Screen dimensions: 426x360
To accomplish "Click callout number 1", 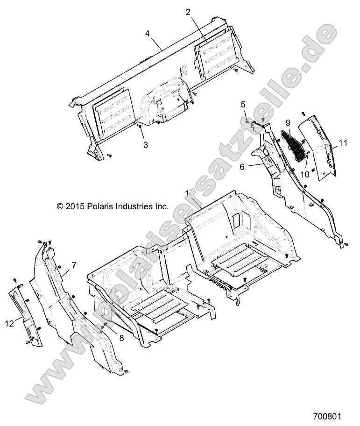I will (x=187, y=193).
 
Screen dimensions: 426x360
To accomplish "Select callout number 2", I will (x=188, y=13).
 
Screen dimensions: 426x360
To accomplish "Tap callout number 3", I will (x=146, y=145).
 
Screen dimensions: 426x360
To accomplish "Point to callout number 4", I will (x=148, y=33).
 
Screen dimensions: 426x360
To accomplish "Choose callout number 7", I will (x=73, y=265).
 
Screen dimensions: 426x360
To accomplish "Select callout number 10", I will (x=304, y=174).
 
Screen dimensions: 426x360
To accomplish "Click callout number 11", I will (x=343, y=143).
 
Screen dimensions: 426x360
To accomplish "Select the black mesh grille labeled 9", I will (x=293, y=144).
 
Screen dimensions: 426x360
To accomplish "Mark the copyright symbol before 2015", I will (x=60, y=206).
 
